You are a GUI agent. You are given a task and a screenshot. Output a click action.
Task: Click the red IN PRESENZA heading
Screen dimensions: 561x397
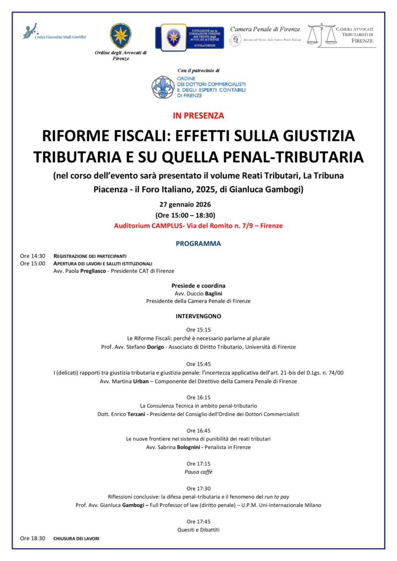pyautogui.click(x=198, y=116)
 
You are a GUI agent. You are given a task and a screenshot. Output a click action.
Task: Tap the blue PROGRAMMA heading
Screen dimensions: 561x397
pyautogui.click(x=198, y=243)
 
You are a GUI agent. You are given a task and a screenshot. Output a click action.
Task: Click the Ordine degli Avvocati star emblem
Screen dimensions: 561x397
pyautogui.click(x=121, y=36)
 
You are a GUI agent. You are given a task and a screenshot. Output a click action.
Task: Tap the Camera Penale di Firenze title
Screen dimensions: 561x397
pyautogui.click(x=265, y=28)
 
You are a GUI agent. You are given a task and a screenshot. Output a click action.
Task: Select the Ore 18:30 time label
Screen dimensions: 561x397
pyautogui.click(x=32, y=539)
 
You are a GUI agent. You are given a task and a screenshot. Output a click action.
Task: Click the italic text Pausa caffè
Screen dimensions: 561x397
pyautogui.click(x=198, y=472)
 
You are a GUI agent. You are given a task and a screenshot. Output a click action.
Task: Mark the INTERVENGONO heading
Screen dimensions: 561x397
pyautogui.click(x=198, y=317)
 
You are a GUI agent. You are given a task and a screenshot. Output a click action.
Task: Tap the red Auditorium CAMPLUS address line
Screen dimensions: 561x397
pyautogui.click(x=198, y=226)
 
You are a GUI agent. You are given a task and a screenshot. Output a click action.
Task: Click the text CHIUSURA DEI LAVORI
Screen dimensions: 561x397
pyautogui.click(x=76, y=539)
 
